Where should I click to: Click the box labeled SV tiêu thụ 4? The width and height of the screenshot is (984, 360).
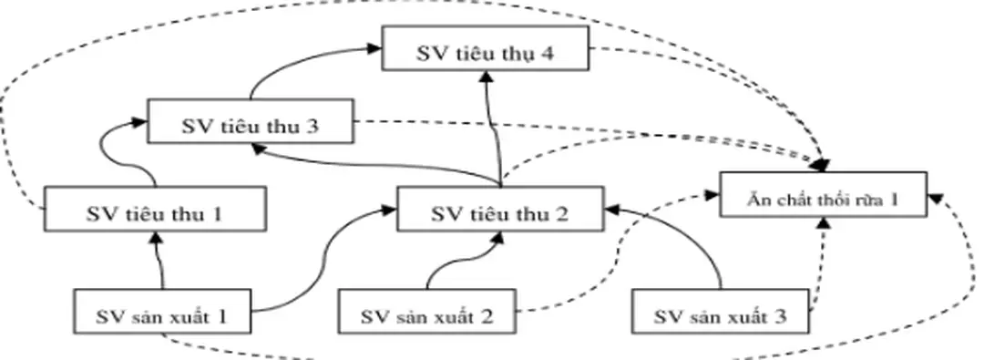(x=483, y=51)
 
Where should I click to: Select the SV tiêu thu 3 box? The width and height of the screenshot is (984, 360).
(x=250, y=125)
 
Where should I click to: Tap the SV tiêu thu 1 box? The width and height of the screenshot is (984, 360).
(x=154, y=213)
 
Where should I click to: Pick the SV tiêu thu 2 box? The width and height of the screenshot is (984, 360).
(x=498, y=213)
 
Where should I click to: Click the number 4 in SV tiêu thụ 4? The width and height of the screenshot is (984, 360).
(x=544, y=51)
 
